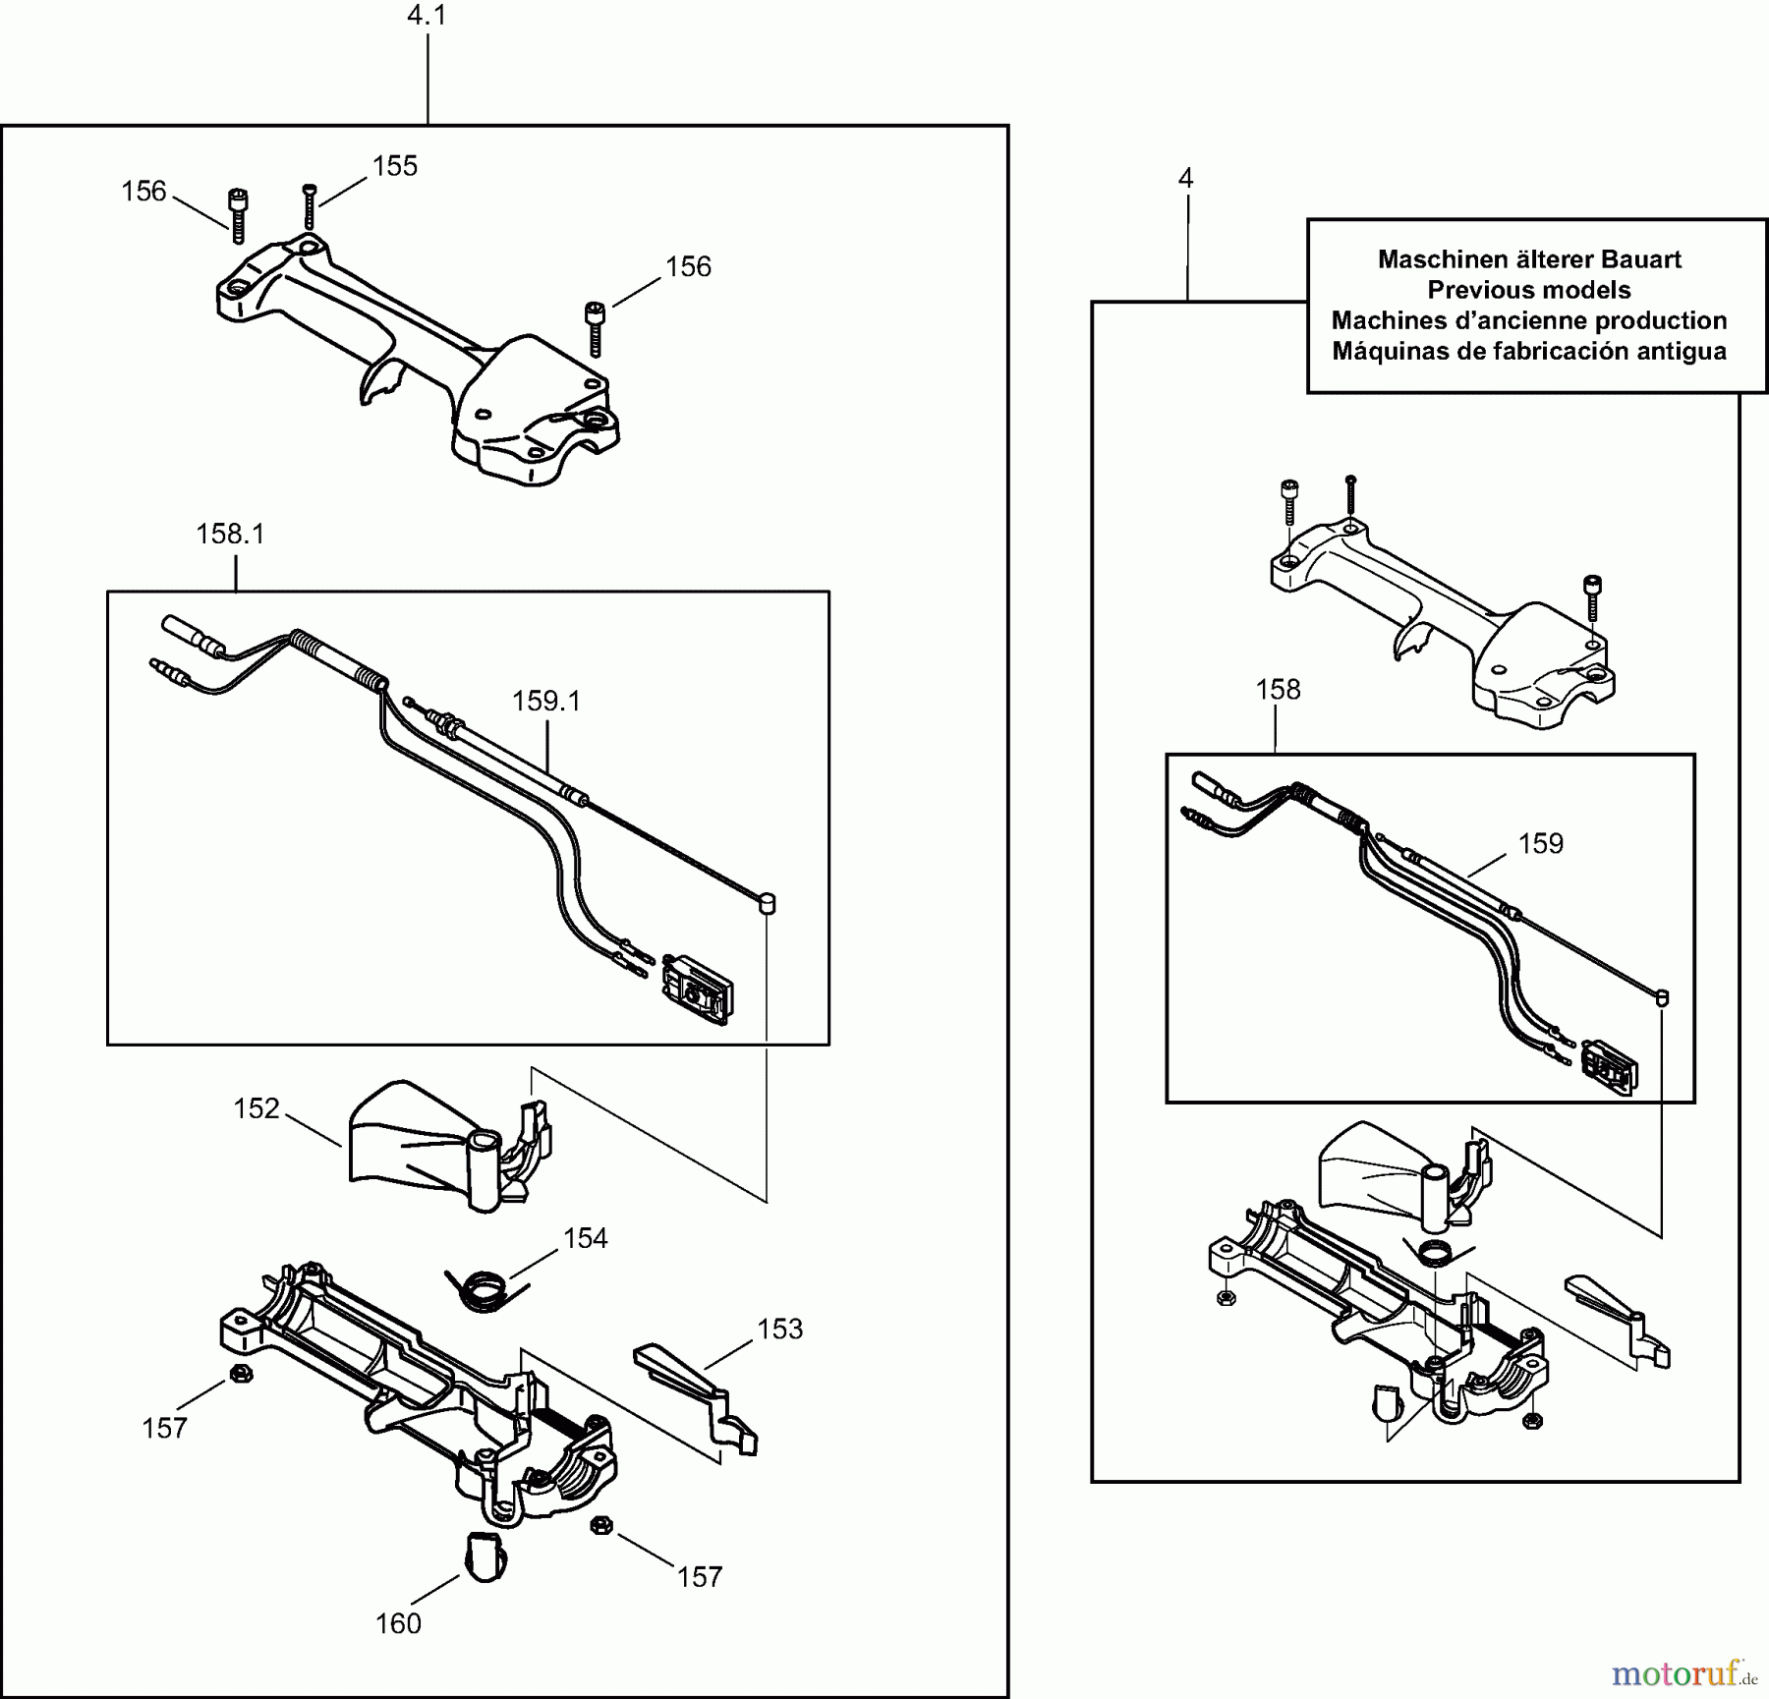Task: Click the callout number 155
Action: click(x=395, y=166)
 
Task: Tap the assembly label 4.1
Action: click(x=427, y=16)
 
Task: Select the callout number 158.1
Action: click(x=230, y=535)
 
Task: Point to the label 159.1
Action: click(x=546, y=702)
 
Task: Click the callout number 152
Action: click(x=257, y=1108)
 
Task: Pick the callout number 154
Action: click(x=585, y=1238)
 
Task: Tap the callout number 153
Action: click(x=779, y=1329)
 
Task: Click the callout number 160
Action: click(x=398, y=1623)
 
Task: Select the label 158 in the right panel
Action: click(x=1278, y=690)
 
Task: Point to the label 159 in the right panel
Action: click(x=1540, y=844)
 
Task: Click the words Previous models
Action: click(x=1528, y=290)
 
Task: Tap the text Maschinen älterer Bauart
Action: click(x=1528, y=259)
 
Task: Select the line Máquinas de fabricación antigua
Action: click(x=1528, y=351)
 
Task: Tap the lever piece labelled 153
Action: click(x=693, y=1386)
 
